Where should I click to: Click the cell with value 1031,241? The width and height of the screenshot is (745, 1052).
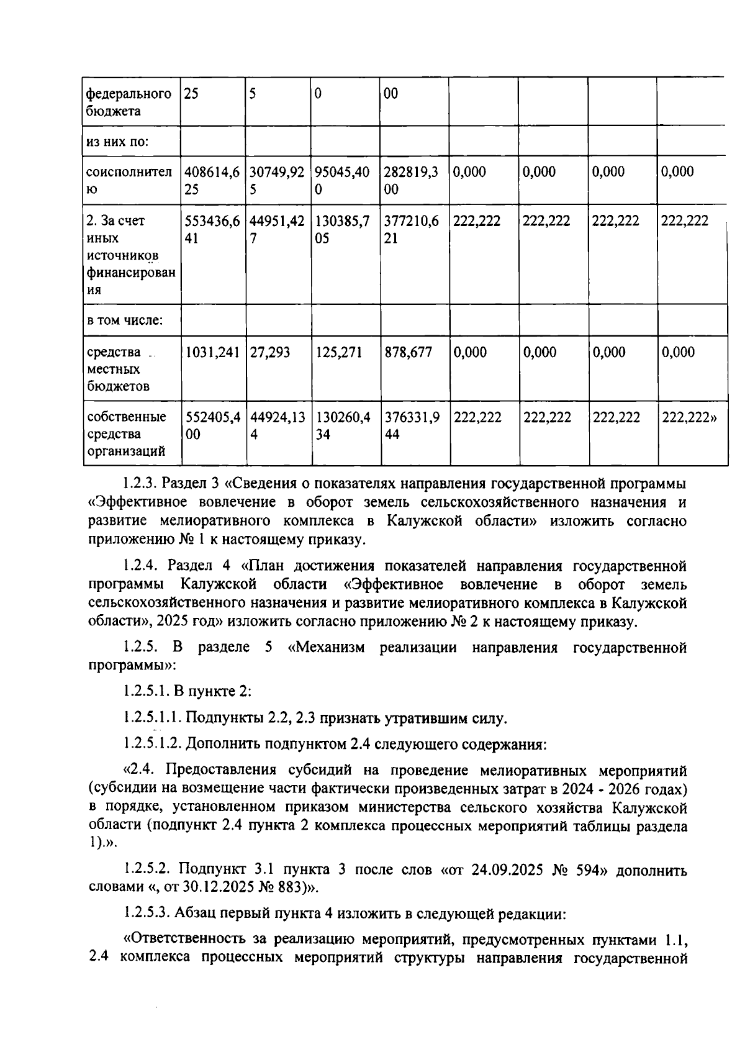pyautogui.click(x=212, y=353)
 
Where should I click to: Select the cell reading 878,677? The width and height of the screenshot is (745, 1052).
pyautogui.click(x=408, y=353)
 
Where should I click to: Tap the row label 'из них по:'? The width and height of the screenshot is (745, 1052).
pyautogui.click(x=117, y=142)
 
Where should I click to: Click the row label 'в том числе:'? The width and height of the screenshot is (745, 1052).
pyautogui.click(x=124, y=320)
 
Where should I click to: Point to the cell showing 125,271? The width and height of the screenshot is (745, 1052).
pyautogui.click(x=338, y=353)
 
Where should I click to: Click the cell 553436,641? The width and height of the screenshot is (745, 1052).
pyautogui.click(x=212, y=230)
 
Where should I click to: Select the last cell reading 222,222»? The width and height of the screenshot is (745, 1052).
pyautogui.click(x=689, y=417)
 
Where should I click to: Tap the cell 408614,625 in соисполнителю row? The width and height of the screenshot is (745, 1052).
pyautogui.click(x=212, y=181)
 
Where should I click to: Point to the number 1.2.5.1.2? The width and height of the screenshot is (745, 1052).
pyautogui.click(x=152, y=744)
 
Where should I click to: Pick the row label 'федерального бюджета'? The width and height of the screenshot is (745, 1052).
pyautogui.click(x=128, y=102)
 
